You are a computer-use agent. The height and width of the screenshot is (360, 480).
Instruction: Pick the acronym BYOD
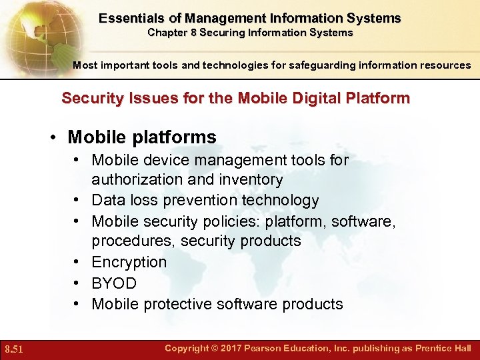point(114,283)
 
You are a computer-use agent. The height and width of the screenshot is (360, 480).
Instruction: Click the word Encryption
point(129,262)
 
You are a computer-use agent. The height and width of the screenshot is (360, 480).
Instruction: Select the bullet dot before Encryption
point(78,262)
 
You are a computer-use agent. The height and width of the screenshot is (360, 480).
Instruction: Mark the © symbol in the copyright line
point(215,349)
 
